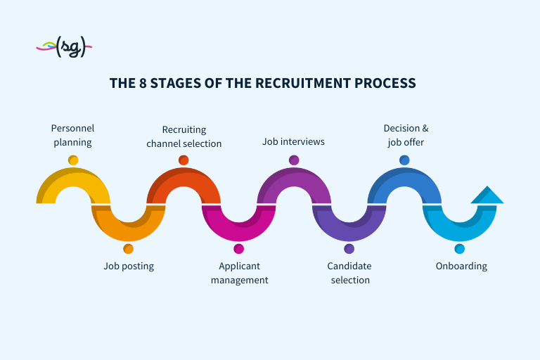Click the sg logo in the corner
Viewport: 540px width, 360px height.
(x=65, y=47)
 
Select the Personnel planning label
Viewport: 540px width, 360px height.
(x=72, y=135)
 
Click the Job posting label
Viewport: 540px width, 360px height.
(x=129, y=266)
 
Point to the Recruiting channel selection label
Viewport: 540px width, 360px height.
(x=184, y=136)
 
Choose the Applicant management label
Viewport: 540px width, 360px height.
(x=239, y=273)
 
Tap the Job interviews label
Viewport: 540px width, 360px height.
(x=293, y=141)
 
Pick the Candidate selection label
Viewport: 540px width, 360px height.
(x=349, y=273)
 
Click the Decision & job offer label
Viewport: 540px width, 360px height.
(x=405, y=135)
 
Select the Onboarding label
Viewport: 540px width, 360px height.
(x=461, y=266)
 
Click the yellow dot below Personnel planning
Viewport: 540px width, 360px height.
(x=73, y=160)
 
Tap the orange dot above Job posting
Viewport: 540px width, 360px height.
(x=128, y=249)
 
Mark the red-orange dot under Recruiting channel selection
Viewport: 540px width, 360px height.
(x=184, y=160)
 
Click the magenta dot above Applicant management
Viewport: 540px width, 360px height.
(x=239, y=249)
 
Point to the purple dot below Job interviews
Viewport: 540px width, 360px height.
(x=294, y=160)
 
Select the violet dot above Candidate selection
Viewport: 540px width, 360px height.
(x=349, y=249)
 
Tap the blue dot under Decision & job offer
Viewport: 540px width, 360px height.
(x=404, y=160)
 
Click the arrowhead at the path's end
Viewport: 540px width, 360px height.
(x=487, y=195)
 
